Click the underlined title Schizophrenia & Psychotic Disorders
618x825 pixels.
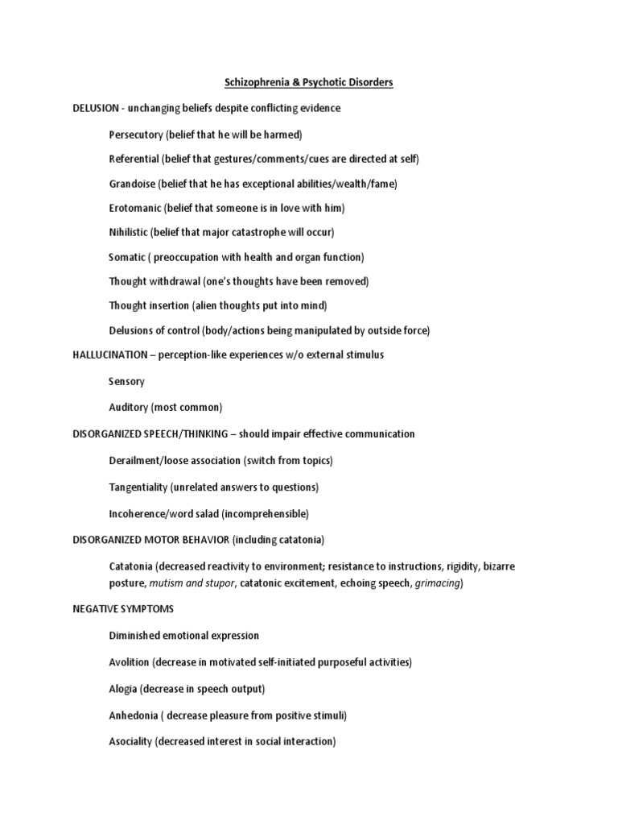point(308,83)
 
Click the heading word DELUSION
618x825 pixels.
point(97,108)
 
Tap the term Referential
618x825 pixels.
point(134,159)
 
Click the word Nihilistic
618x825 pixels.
point(129,232)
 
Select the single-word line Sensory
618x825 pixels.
point(126,381)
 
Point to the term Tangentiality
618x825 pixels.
point(138,487)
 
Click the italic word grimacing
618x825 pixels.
point(438,582)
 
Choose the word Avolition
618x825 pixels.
point(130,662)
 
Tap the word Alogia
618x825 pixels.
point(123,689)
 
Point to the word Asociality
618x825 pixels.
point(131,741)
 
